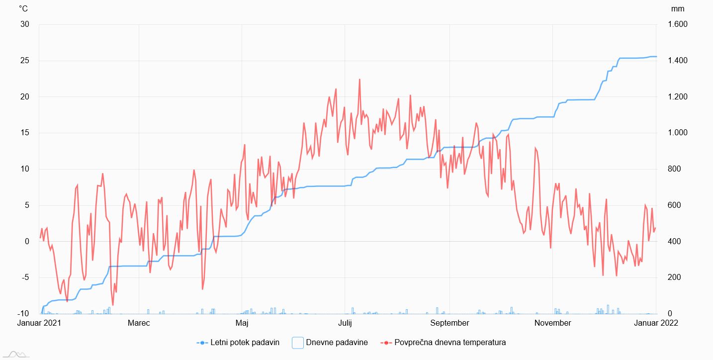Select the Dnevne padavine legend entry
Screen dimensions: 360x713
coord(330,343)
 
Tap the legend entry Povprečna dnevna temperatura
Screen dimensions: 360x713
coord(443,343)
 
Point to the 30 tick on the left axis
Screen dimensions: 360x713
coord(24,25)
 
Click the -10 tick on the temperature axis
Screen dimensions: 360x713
coord(22,314)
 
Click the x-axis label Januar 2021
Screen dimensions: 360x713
coord(39,323)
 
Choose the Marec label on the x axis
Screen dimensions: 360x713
coord(139,323)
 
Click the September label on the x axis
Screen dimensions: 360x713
coord(449,323)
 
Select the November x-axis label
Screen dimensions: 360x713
coord(552,323)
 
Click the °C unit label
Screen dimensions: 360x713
coord(23,9)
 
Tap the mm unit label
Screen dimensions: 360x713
coord(677,9)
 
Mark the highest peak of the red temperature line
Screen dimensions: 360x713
coord(359,80)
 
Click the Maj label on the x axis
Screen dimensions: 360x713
coord(242,323)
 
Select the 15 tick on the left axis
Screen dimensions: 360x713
coord(24,133)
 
